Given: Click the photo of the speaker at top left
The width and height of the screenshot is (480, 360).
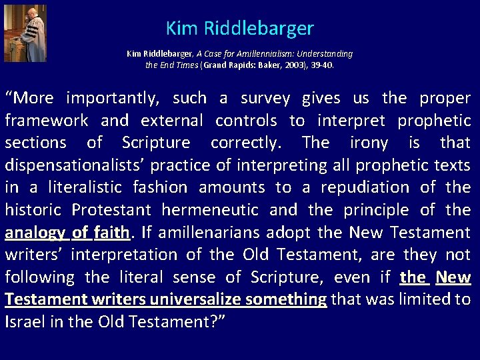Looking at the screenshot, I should point(25,33).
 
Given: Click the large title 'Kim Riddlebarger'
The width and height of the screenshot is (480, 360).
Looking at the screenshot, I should point(239,29).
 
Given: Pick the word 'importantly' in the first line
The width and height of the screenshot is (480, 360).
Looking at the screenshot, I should point(113,99).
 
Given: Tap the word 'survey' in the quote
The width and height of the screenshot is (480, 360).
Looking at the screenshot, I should point(265,99).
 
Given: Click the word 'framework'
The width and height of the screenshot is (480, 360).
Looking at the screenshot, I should point(47,121).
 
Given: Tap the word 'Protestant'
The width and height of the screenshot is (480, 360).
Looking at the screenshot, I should point(113,210).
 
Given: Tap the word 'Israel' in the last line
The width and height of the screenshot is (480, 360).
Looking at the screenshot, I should point(23,322).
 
